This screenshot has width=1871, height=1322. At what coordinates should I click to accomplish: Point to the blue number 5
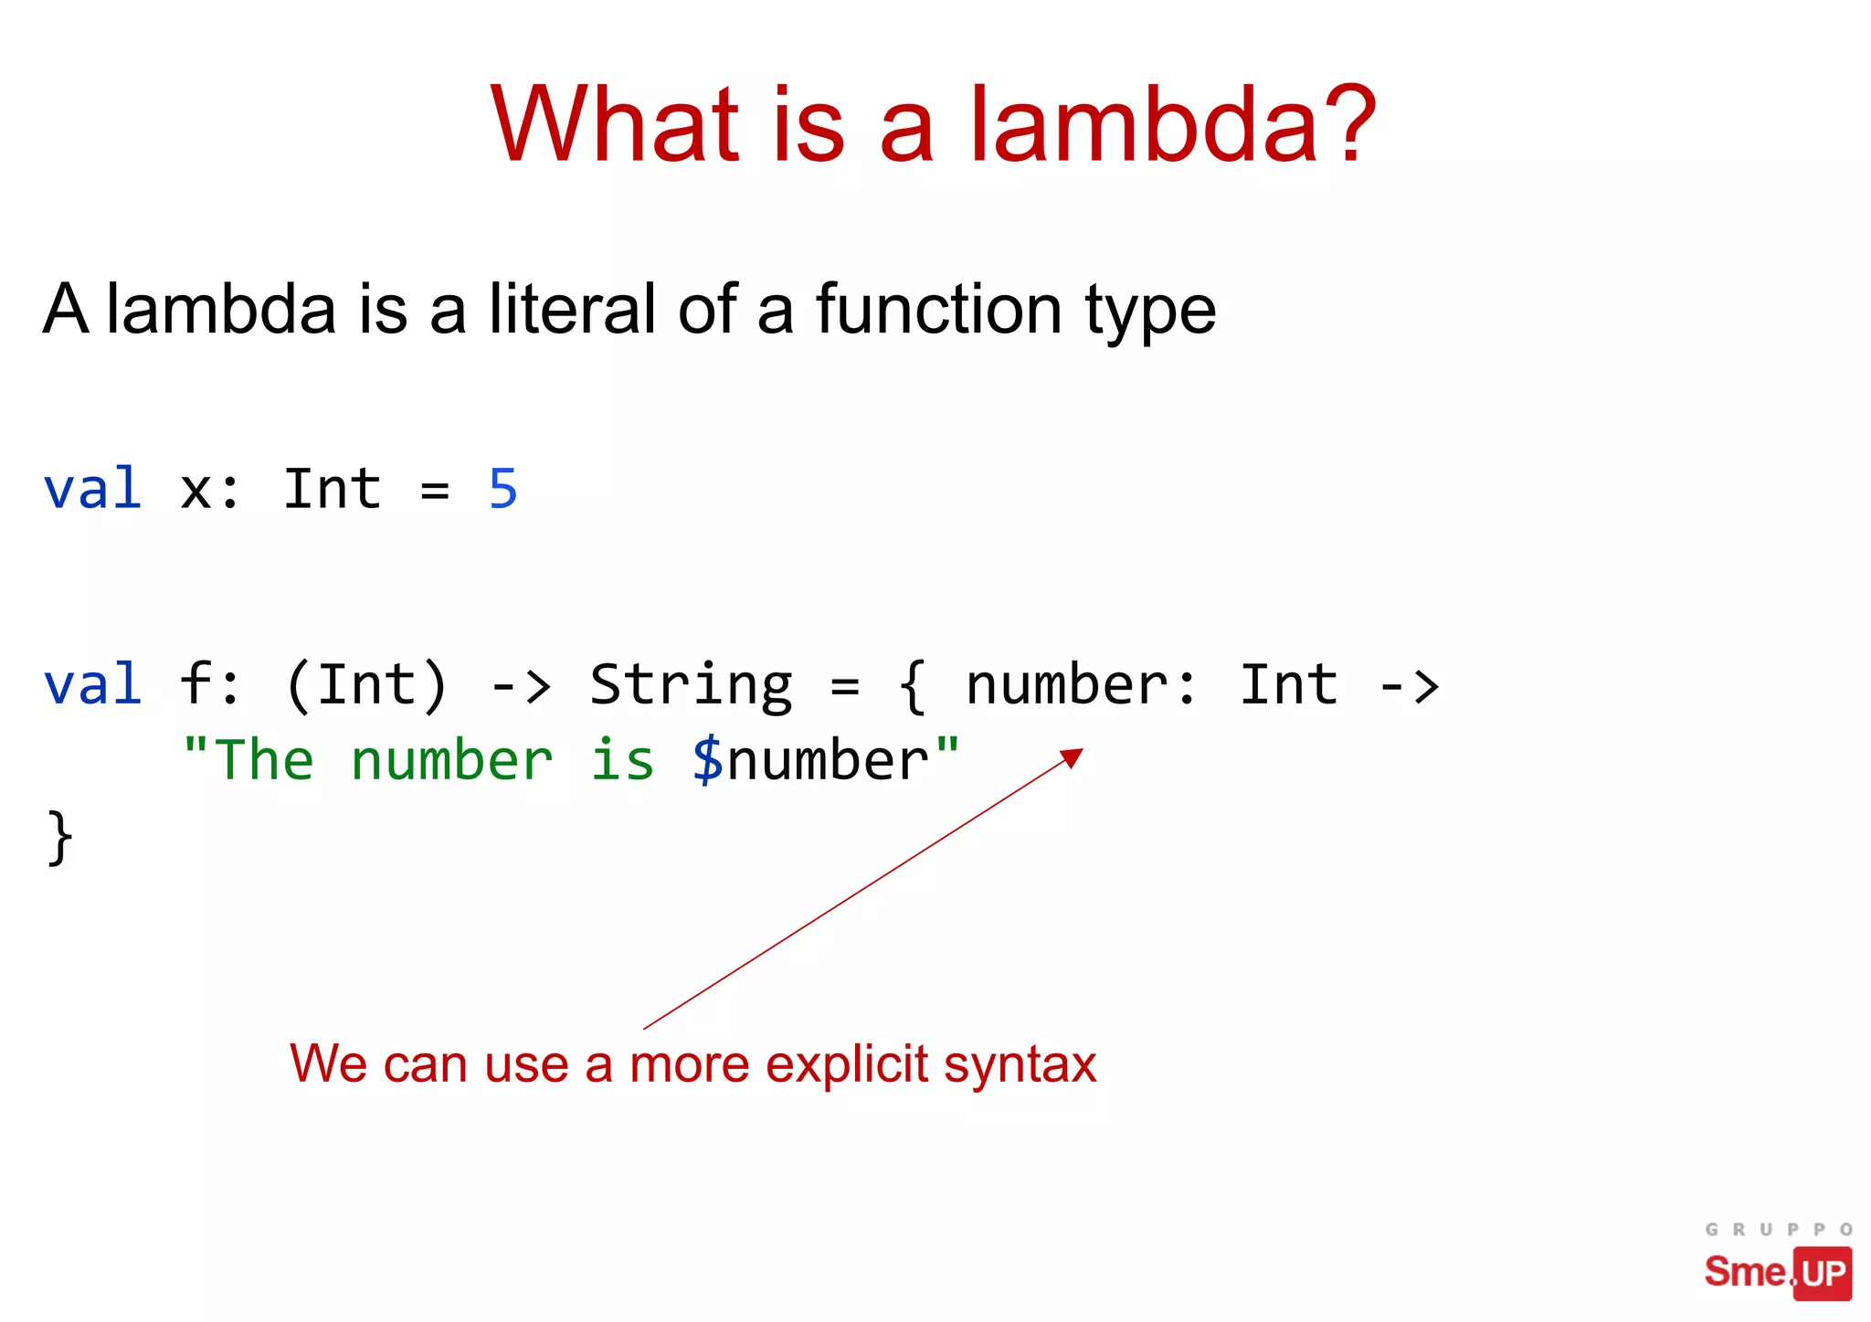pos(503,490)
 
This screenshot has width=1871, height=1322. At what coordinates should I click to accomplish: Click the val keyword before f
pos(93,685)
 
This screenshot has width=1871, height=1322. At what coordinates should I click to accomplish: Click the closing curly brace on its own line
pos(59,837)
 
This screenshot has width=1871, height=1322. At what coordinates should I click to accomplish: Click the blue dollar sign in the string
pos(708,761)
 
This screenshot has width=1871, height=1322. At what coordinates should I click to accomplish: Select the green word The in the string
pos(263,761)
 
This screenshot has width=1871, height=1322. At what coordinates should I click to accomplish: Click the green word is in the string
pos(622,761)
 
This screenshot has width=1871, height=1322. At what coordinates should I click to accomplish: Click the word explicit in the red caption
pos(847,1064)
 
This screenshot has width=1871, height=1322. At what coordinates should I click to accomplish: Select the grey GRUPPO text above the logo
pos(1778,1230)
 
